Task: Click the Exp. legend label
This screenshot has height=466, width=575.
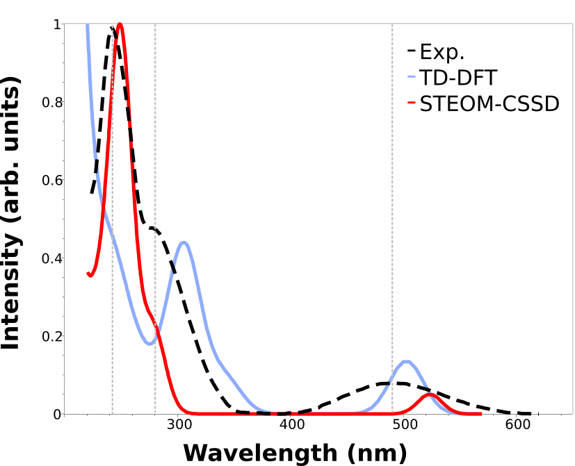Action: (442, 51)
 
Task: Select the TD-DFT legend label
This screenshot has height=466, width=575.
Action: (458, 77)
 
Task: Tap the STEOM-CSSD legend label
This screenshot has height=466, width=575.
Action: (489, 103)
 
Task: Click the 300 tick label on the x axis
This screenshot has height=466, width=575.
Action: (179, 426)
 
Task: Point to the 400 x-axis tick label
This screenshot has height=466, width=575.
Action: (292, 426)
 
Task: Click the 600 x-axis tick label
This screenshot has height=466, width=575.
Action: (517, 426)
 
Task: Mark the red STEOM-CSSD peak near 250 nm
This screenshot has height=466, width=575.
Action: (120, 24)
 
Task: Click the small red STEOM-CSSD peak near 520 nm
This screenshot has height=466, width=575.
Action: (431, 394)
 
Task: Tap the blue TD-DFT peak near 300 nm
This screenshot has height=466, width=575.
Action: (184, 242)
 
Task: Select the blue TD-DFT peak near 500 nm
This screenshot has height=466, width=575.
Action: (407, 362)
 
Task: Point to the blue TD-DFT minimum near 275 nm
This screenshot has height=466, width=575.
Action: (150, 343)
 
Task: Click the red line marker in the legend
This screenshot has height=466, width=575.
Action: (411, 103)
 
